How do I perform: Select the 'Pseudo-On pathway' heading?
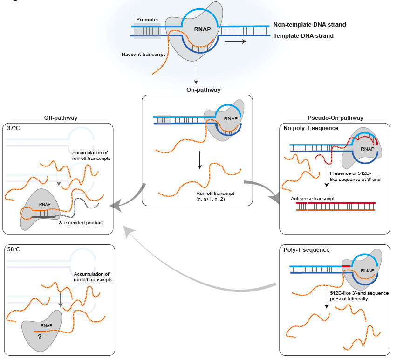335,118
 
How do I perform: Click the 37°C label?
16,128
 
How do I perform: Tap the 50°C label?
16,249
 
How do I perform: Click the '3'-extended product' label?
83,223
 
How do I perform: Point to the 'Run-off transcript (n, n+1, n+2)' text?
210,196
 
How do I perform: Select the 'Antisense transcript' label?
312,198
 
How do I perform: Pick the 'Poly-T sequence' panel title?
306,250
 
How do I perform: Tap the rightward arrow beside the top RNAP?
235,41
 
